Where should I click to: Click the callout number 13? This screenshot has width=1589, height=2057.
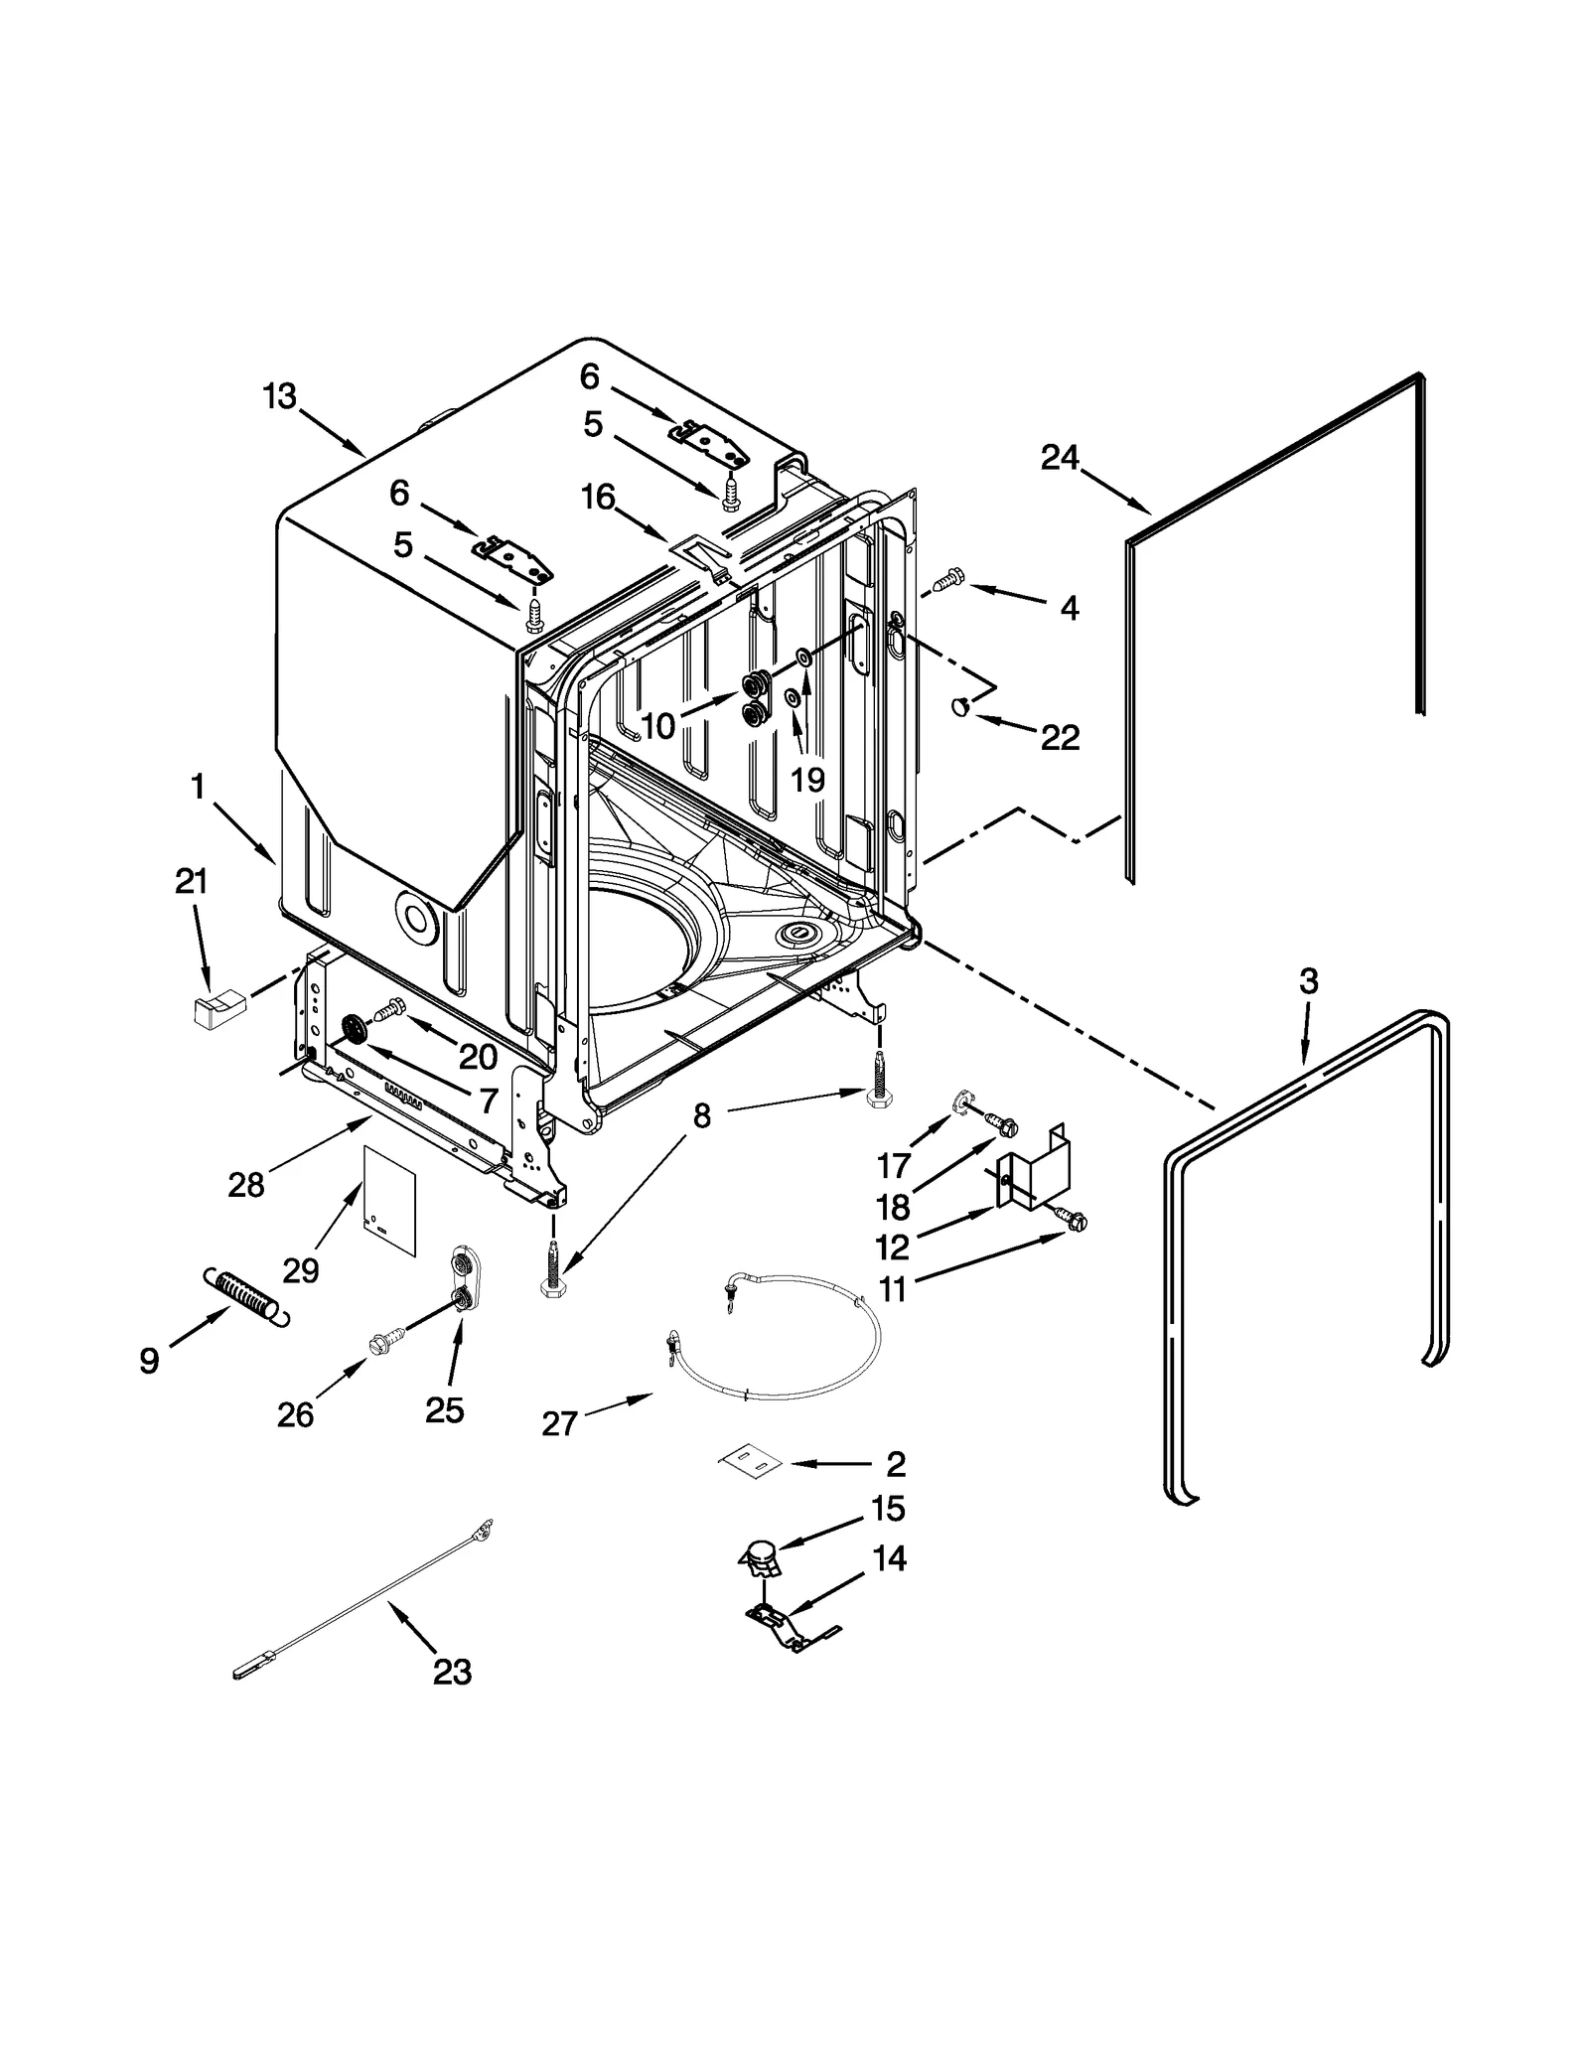pyautogui.click(x=279, y=396)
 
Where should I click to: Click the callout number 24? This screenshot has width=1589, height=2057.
pyautogui.click(x=1060, y=458)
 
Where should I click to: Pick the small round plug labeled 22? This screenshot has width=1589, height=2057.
pyautogui.click(x=960, y=706)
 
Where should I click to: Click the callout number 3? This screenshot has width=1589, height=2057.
pyautogui.click(x=1308, y=981)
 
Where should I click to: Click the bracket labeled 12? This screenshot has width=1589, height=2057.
pyautogui.click(x=1036, y=1175)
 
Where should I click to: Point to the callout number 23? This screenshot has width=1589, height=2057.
pyautogui.click(x=452, y=1673)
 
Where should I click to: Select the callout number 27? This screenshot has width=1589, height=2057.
pyautogui.click(x=560, y=1423)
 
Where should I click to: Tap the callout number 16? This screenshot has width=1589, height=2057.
pyautogui.click(x=598, y=497)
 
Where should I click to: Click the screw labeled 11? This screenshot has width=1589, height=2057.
pyautogui.click(x=1071, y=1220)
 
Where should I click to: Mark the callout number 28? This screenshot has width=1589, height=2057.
pyautogui.click(x=246, y=1184)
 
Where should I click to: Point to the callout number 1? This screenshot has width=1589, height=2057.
pyautogui.click(x=198, y=788)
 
